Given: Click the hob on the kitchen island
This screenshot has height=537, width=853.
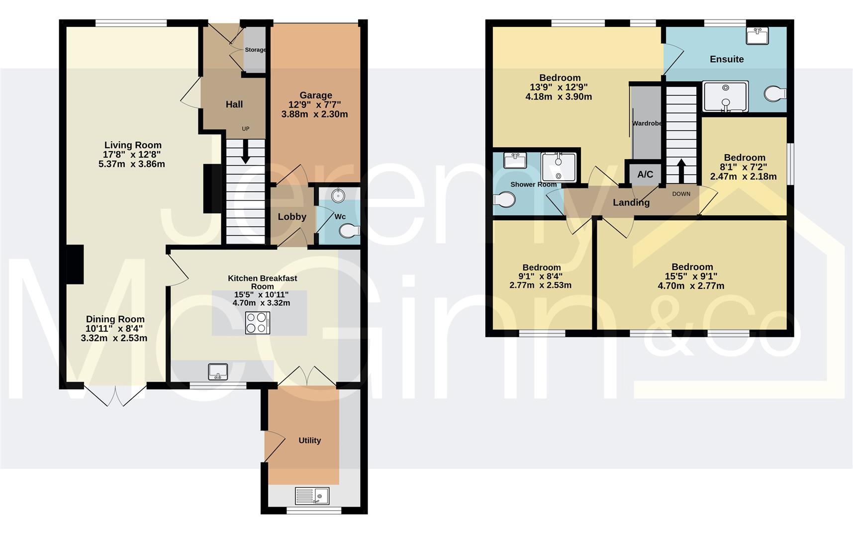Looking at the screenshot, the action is [x=258, y=322].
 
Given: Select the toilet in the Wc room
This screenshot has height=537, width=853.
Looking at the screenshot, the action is [x=350, y=231].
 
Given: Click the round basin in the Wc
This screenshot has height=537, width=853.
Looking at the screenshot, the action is [x=339, y=195].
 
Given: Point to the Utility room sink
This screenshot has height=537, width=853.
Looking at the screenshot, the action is [x=312, y=496].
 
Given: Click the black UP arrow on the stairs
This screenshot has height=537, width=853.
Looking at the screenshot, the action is [x=246, y=151].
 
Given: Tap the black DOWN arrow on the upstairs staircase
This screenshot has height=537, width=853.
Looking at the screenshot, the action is [x=680, y=171].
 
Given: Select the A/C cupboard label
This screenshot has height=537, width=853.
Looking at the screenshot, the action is [x=645, y=175].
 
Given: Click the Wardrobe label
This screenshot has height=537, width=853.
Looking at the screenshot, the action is [x=647, y=123].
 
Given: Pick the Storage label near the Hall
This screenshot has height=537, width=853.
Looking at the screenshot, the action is [x=255, y=50].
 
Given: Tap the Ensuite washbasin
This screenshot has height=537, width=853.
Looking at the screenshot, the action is [x=757, y=36].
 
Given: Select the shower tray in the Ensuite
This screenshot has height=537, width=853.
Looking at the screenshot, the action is [x=725, y=96].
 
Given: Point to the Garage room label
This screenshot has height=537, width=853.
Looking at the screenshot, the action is [x=315, y=95].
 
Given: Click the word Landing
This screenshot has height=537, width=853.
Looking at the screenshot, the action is [x=631, y=202].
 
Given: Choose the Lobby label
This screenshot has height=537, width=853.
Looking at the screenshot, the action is [x=292, y=217].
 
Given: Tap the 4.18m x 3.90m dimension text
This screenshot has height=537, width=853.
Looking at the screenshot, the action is [x=559, y=97].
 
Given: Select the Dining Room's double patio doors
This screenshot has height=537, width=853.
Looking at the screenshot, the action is [x=115, y=395].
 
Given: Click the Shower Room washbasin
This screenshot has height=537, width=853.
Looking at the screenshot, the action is [x=515, y=161].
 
